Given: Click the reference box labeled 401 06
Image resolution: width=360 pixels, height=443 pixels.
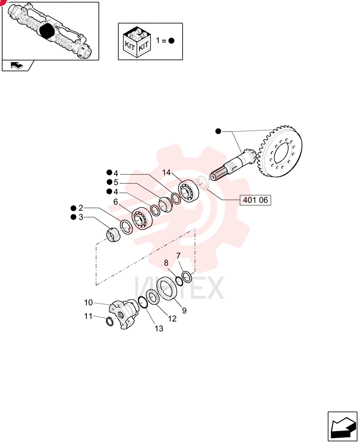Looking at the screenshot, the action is tap(255, 200).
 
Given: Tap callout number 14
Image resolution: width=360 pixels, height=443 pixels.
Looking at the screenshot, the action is tap(167, 172).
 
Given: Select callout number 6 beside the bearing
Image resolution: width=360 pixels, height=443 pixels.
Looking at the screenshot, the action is tap(116, 202).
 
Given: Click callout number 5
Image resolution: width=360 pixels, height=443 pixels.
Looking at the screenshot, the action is tap(116, 182).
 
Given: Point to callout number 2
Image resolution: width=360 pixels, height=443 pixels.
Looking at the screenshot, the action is tap(81, 208).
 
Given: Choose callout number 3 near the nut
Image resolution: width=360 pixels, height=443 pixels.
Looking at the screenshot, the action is tap(81, 217).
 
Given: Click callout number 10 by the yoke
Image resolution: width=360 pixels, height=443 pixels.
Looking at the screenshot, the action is tap(89, 302).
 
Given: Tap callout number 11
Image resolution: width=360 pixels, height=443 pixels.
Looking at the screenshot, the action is tap(88, 316).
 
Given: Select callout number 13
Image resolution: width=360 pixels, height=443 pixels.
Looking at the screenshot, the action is tap(159, 329).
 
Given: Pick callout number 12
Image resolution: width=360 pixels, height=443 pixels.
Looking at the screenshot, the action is tap(172, 319).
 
